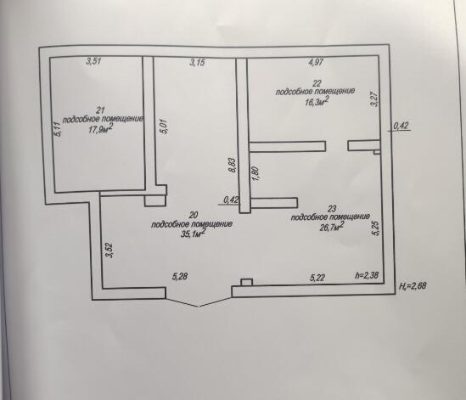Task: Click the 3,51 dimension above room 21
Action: (93, 61)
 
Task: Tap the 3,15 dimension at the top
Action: (197, 63)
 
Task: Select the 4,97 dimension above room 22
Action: (316, 63)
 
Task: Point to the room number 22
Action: (317, 83)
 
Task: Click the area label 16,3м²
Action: (317, 102)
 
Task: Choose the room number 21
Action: (100, 110)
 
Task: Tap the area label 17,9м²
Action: (101, 129)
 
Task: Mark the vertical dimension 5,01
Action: (166, 127)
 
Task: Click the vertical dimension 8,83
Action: (233, 165)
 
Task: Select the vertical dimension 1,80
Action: (255, 173)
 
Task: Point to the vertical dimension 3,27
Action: (375, 99)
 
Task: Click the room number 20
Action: (194, 215)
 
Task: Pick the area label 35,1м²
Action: (194, 234)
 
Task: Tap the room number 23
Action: (331, 208)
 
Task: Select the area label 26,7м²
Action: (332, 227)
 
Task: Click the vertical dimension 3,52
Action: (109, 251)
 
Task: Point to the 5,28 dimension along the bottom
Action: (180, 277)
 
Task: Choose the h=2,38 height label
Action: (367, 275)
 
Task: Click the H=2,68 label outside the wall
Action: (413, 286)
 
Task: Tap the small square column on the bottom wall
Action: (246, 282)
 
